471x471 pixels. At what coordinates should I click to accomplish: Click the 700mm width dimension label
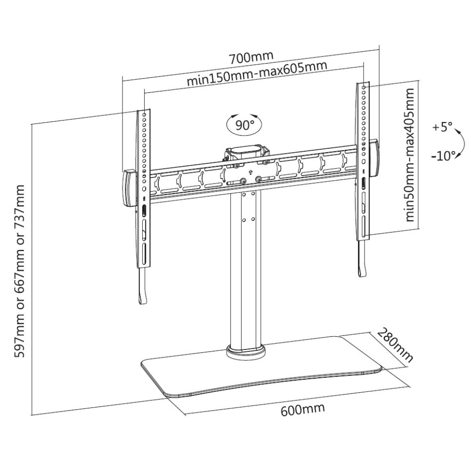pyautogui.click(x=252, y=57)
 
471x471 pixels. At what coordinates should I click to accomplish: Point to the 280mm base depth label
pyautogui.click(x=395, y=345)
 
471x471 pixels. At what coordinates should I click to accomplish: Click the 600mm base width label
pyautogui.click(x=303, y=409)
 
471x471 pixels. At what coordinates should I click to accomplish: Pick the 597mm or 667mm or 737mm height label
pyautogui.click(x=20, y=271)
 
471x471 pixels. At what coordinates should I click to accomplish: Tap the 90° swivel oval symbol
pyautogui.click(x=244, y=124)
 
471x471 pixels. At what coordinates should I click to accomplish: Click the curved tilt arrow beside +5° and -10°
pyautogui.click(x=460, y=144)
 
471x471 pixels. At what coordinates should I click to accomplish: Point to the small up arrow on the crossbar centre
pyautogui.click(x=250, y=172)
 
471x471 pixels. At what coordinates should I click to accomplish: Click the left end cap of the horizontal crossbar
pyautogui.click(x=129, y=188)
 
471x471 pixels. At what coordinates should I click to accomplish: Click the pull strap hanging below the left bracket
pyautogui.click(x=142, y=286)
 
